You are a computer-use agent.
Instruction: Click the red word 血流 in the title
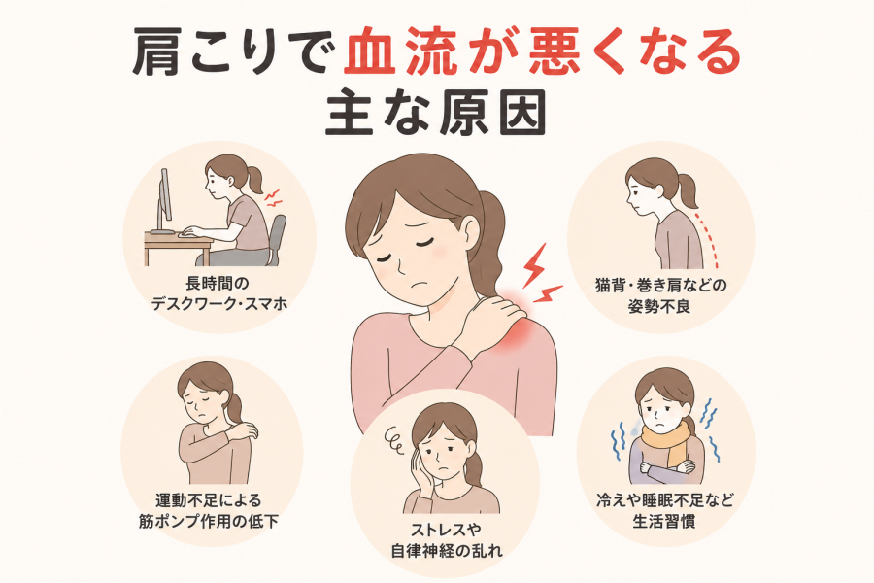click(400, 51)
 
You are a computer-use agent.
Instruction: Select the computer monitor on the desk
click(164, 201)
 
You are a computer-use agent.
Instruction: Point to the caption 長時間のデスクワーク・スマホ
click(219, 293)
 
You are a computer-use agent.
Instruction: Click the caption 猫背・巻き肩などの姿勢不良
click(661, 295)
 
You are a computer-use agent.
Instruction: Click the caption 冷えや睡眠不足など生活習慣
click(664, 510)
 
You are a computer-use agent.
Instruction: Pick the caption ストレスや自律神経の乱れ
click(446, 539)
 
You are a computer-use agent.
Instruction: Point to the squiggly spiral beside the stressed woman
click(396, 439)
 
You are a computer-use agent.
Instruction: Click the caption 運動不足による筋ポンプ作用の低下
click(209, 510)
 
